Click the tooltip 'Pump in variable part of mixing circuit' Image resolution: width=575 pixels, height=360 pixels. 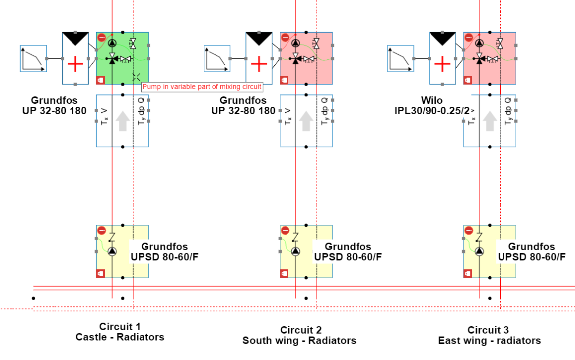point(202,87)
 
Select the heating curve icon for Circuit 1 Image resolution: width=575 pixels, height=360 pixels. point(33,59)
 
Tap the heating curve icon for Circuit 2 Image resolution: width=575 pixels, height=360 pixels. point(217,59)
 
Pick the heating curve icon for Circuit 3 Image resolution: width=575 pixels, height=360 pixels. point(401,59)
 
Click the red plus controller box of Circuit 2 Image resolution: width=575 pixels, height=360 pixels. point(259,64)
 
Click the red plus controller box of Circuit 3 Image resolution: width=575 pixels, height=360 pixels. point(442,64)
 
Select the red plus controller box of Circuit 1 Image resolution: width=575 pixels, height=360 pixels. point(75,64)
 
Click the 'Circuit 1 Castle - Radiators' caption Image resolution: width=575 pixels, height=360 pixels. point(120,332)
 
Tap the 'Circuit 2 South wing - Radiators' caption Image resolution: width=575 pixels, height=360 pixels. point(299,335)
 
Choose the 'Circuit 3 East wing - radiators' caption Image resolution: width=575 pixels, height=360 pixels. point(489,335)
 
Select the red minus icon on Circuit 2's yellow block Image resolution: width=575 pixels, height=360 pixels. point(285,230)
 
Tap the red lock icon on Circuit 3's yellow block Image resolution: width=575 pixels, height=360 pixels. point(468,273)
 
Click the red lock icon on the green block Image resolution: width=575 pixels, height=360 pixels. point(101,79)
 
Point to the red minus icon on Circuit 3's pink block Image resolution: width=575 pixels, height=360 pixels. point(468,38)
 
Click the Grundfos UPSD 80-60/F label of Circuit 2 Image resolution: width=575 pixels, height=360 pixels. point(348,252)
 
